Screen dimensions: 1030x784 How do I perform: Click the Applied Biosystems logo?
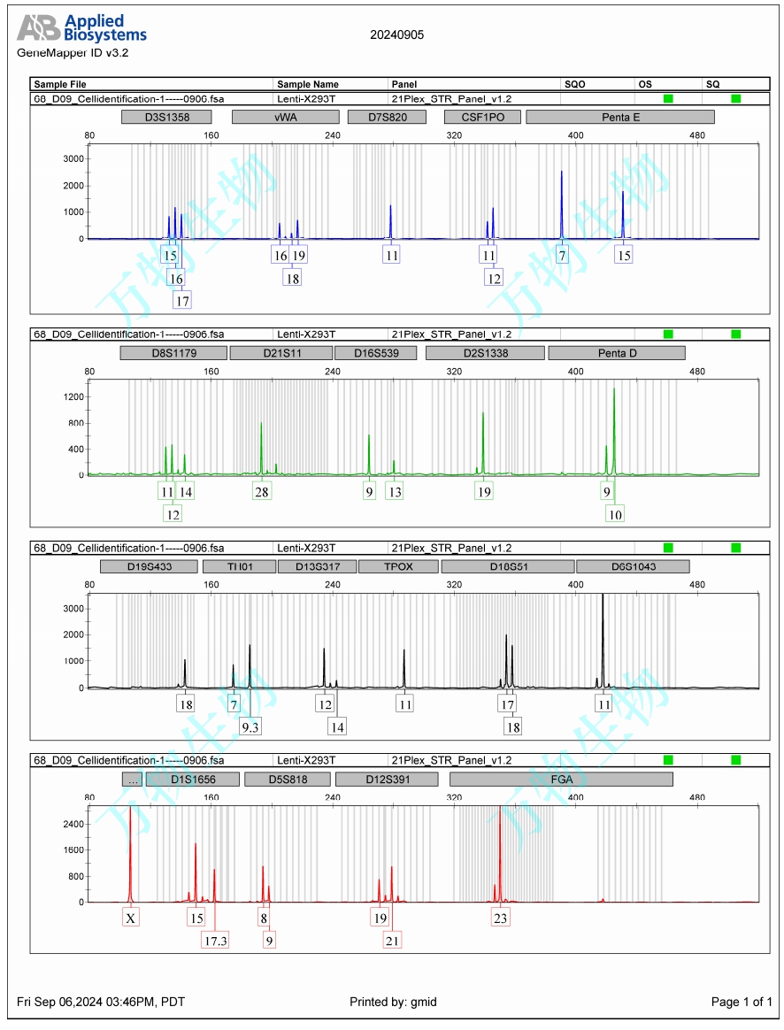pyautogui.click(x=81, y=29)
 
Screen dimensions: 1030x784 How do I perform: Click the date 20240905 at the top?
pyautogui.click(x=396, y=35)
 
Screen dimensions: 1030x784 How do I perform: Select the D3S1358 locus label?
pyautogui.click(x=166, y=117)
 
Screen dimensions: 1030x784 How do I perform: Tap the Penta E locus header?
pyautogui.click(x=619, y=117)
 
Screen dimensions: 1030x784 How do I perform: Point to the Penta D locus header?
pyautogui.click(x=617, y=353)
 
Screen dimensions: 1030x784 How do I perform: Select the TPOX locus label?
pyautogui.click(x=397, y=566)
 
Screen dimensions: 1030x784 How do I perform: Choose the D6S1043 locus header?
pyautogui.click(x=633, y=566)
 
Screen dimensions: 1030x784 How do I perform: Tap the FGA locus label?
pyautogui.click(x=561, y=780)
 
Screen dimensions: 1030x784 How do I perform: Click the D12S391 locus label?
pyautogui.click(x=388, y=780)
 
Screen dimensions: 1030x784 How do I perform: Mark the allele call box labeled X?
pyautogui.click(x=131, y=919)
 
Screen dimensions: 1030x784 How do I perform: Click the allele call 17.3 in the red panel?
pyautogui.click(x=215, y=940)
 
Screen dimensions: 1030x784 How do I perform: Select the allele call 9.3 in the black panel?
pyautogui.click(x=250, y=726)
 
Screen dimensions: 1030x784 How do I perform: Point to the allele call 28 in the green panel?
pyautogui.click(x=262, y=492)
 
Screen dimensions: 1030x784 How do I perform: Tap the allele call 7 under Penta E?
pyautogui.click(x=562, y=255)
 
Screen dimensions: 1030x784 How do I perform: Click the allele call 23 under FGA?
pyautogui.click(x=500, y=919)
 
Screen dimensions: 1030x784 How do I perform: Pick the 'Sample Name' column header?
pyautogui.click(x=308, y=84)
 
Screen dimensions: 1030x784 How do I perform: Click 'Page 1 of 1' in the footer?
pyautogui.click(x=742, y=1002)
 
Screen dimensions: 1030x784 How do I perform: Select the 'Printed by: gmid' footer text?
pyautogui.click(x=393, y=1002)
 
